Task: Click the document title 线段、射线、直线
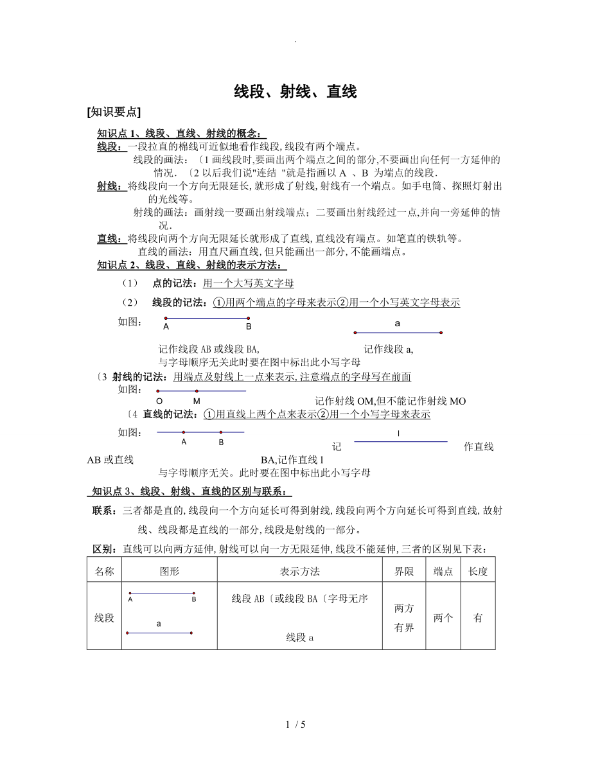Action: [295, 92]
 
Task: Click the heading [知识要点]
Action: [113, 112]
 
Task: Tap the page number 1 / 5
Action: [295, 725]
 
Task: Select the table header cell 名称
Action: [104, 571]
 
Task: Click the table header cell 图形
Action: [169, 571]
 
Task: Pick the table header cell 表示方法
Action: [300, 571]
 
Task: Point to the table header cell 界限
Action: [404, 571]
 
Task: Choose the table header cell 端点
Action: [443, 571]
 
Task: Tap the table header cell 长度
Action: [478, 571]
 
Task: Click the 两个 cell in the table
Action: [443, 618]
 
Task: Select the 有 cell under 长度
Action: [478, 618]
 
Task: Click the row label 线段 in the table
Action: [104, 618]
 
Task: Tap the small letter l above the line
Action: [399, 434]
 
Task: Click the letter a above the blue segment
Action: [398, 324]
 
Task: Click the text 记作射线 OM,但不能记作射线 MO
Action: [391, 401]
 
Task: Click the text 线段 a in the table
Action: [299, 638]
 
